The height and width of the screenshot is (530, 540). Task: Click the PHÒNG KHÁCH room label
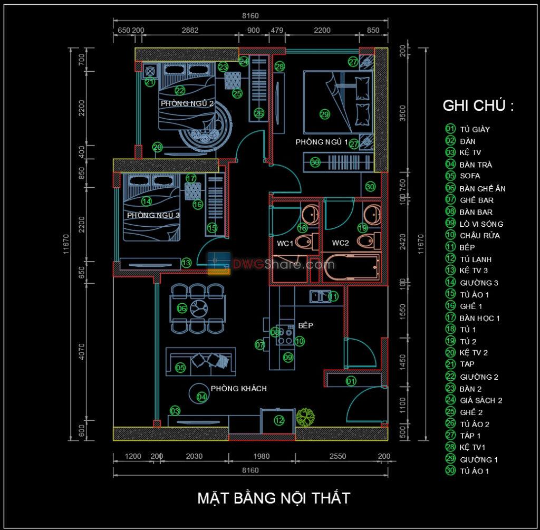click(x=238, y=389)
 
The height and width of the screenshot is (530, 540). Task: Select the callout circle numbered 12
click(x=279, y=420)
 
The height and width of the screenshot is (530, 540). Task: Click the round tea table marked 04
click(x=198, y=392)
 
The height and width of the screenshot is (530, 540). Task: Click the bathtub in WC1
click(x=351, y=268)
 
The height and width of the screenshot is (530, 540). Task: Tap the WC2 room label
click(x=340, y=244)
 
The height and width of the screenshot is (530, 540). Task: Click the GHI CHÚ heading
click(x=478, y=105)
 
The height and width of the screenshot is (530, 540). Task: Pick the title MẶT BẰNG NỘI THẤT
click(x=273, y=498)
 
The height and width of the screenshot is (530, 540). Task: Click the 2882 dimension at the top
click(x=190, y=30)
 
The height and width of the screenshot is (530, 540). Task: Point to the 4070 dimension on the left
click(x=81, y=352)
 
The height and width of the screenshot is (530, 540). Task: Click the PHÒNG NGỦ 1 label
click(x=322, y=142)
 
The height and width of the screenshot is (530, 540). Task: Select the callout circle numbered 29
click(x=324, y=113)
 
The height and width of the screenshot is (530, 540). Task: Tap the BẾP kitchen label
click(x=305, y=326)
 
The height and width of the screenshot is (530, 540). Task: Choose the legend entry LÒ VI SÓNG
click(x=481, y=224)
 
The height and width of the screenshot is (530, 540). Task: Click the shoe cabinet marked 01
click(x=351, y=380)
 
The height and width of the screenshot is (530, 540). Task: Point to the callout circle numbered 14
click(x=146, y=201)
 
